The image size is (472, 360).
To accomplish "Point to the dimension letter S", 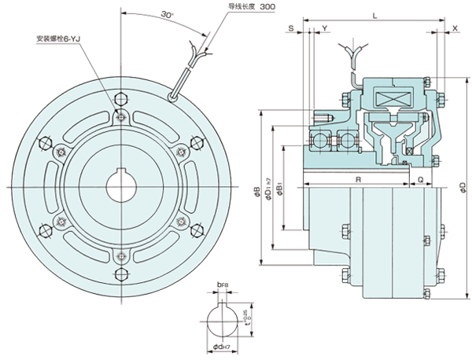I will click(292, 28).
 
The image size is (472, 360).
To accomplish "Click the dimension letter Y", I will click(325, 28).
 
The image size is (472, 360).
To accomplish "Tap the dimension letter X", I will click(455, 28).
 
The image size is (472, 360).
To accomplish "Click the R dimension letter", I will click(358, 180).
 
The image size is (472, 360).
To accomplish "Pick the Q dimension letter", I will click(421, 180).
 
